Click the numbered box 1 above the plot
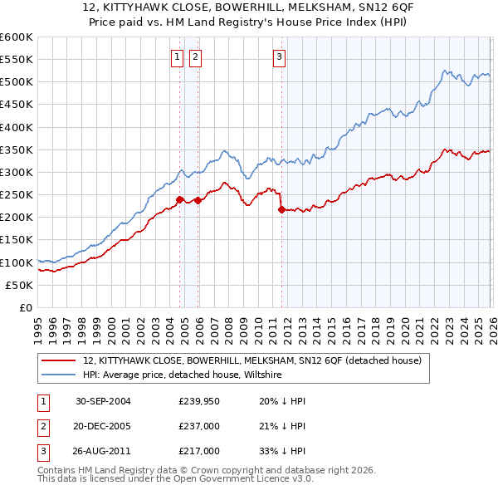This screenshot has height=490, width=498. pos(178,57)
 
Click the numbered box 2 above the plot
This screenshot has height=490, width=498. pos(195,57)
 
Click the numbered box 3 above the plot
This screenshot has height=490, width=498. pos(279,57)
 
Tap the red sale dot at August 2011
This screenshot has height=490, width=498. pos(281,209)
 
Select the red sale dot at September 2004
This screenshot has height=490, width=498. pos(180,199)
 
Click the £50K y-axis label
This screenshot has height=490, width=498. pos(20,285)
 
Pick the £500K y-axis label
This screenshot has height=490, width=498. pos(17,82)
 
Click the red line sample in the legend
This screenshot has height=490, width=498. pos(60,361)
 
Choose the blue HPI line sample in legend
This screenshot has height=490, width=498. pos(60,375)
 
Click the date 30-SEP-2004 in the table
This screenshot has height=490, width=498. pos(103,401)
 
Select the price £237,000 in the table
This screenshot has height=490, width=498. pos(199,426)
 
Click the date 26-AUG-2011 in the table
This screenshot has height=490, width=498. pos(103,451)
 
